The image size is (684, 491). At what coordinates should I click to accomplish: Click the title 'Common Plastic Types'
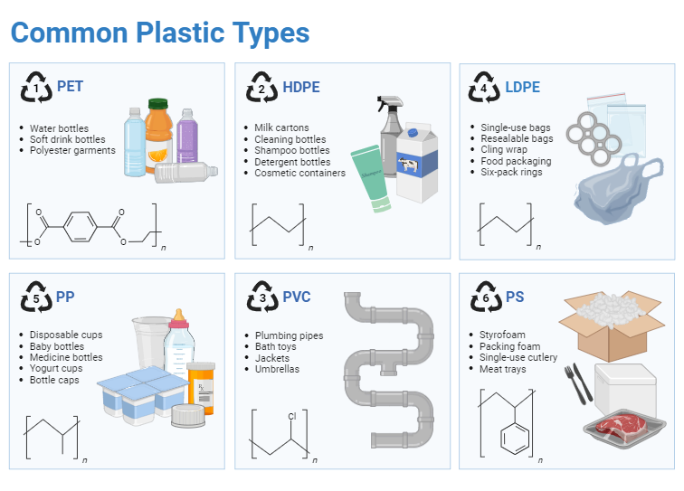pyautogui.click(x=160, y=33)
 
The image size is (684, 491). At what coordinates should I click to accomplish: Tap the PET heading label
pyautogui.click(x=70, y=87)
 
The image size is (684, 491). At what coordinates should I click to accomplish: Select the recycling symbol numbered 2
pyautogui.click(x=261, y=89)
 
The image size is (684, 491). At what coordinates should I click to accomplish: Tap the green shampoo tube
pyautogui.click(x=372, y=175)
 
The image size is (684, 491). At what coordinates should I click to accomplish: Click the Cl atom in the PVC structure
pyautogui.click(x=291, y=417)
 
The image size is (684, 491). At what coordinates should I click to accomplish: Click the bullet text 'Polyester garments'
pyautogui.click(x=72, y=150)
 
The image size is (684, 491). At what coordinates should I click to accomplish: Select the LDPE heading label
pyautogui.click(x=522, y=88)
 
